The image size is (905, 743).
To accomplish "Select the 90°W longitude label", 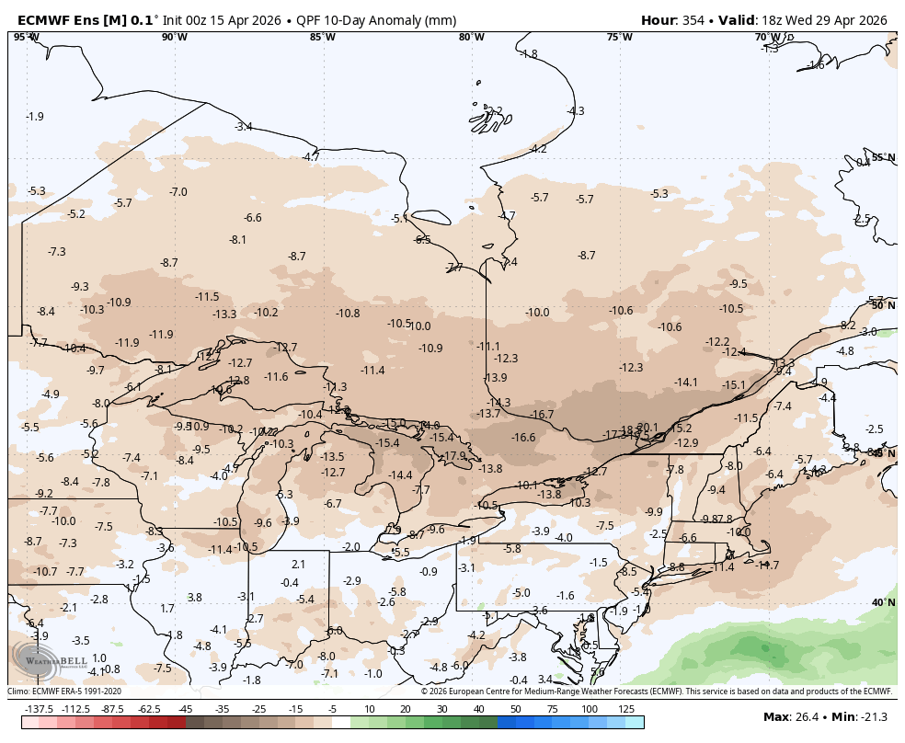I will (x=174, y=37).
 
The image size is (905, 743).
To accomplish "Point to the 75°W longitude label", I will (x=619, y=37).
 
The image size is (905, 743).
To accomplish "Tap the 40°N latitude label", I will (x=883, y=602).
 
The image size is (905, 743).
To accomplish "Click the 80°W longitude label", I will (x=471, y=37).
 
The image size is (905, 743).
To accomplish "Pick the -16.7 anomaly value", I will (x=542, y=415).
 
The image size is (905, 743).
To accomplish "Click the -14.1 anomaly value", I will (x=686, y=382).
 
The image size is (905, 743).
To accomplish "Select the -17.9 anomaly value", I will (x=454, y=455).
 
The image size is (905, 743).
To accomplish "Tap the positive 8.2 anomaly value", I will (x=848, y=326).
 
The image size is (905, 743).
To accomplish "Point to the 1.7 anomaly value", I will (x=166, y=608).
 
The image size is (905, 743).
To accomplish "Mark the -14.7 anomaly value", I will (x=766, y=565).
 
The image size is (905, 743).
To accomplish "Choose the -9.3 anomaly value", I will (x=80, y=286).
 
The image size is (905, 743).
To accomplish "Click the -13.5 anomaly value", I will (x=332, y=456).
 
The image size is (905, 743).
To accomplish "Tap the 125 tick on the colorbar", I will (x=626, y=709).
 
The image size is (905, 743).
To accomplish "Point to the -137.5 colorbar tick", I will (x=39, y=709).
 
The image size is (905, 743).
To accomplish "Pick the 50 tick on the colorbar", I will (x=515, y=709).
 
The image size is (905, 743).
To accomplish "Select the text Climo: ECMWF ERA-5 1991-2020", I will (x=64, y=692).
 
